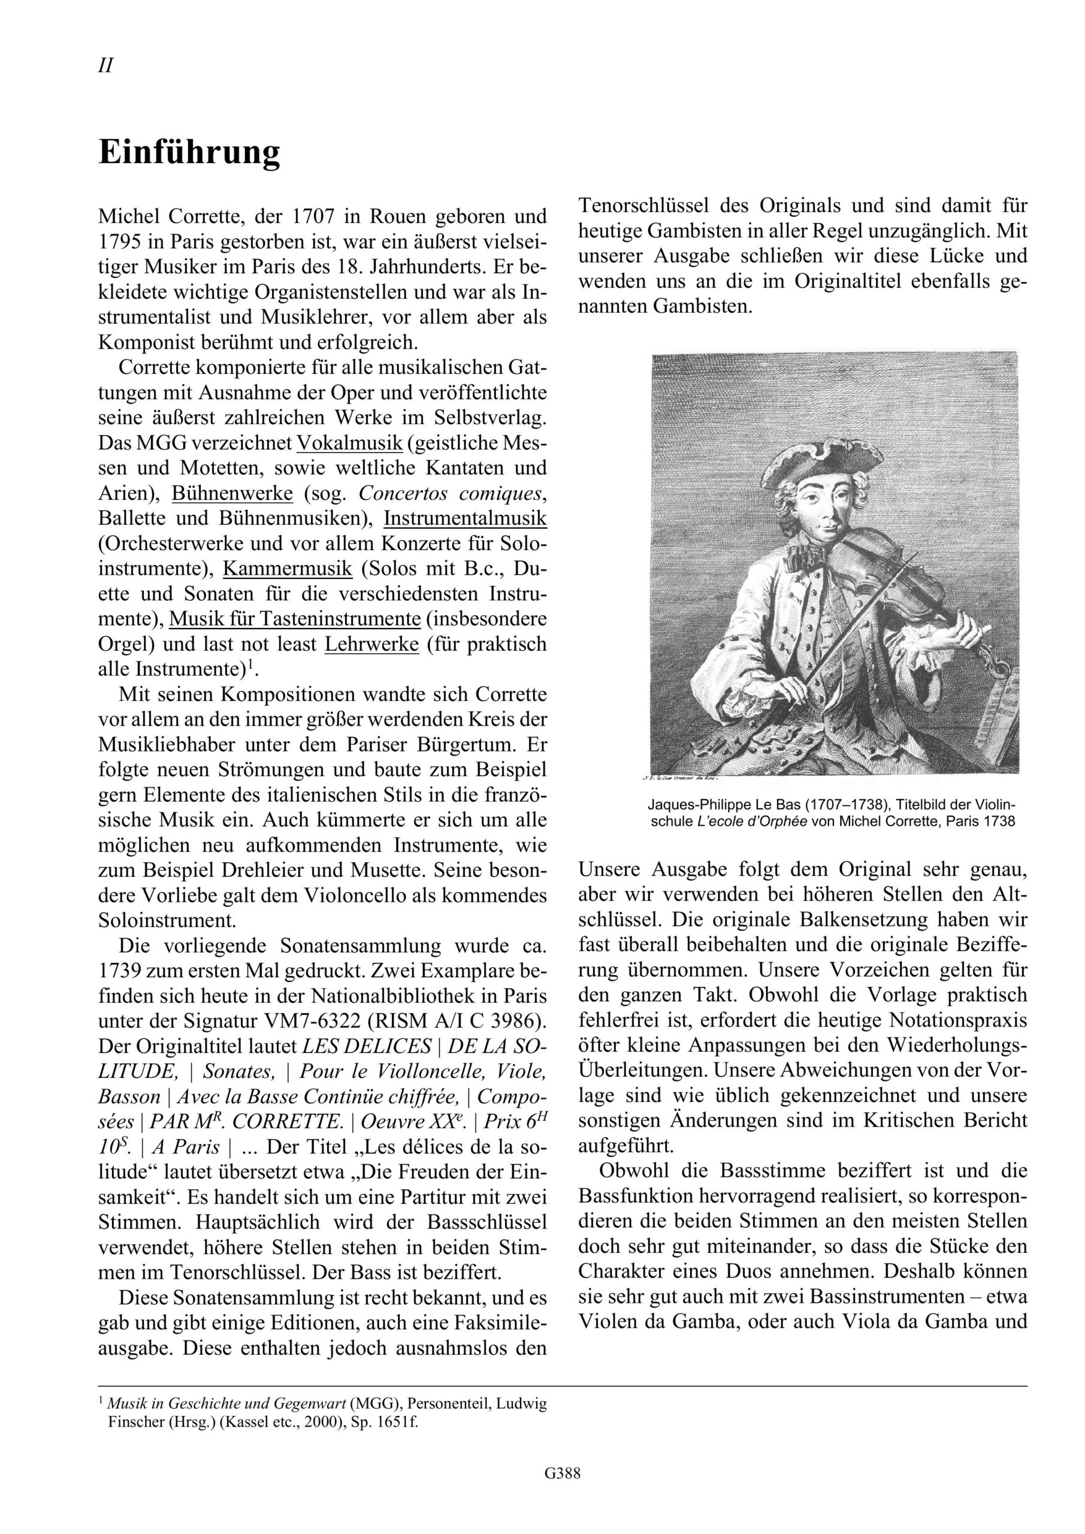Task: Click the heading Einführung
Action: pyautogui.click(x=189, y=152)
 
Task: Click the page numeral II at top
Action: pyautogui.click(x=105, y=66)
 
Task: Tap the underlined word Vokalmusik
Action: pyautogui.click(x=349, y=443)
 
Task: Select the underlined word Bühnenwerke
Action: pyautogui.click(x=232, y=493)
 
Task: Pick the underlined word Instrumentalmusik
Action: pyautogui.click(x=465, y=518)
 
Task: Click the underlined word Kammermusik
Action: pyautogui.click(x=288, y=569)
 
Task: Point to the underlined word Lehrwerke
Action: pyautogui.click(x=371, y=644)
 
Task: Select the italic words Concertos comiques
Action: pyautogui.click(x=452, y=493)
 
